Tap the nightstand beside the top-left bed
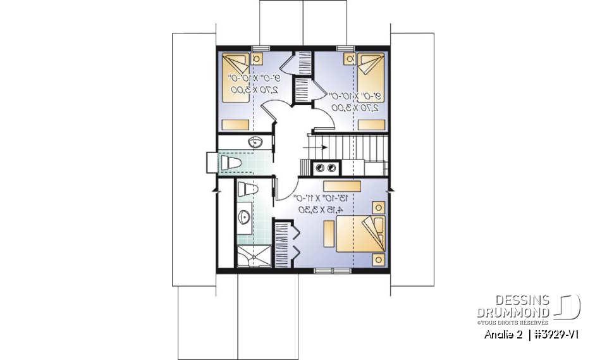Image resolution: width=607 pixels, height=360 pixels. tap(257, 58)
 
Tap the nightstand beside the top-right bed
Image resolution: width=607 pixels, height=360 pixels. tap(348, 59)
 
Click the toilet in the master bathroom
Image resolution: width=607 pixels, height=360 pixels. tap(246, 188)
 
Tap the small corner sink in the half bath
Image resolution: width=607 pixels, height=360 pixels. tap(257, 140)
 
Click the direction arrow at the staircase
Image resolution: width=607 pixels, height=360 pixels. tap(317, 147)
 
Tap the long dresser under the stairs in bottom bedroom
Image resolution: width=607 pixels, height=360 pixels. tap(341, 185)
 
